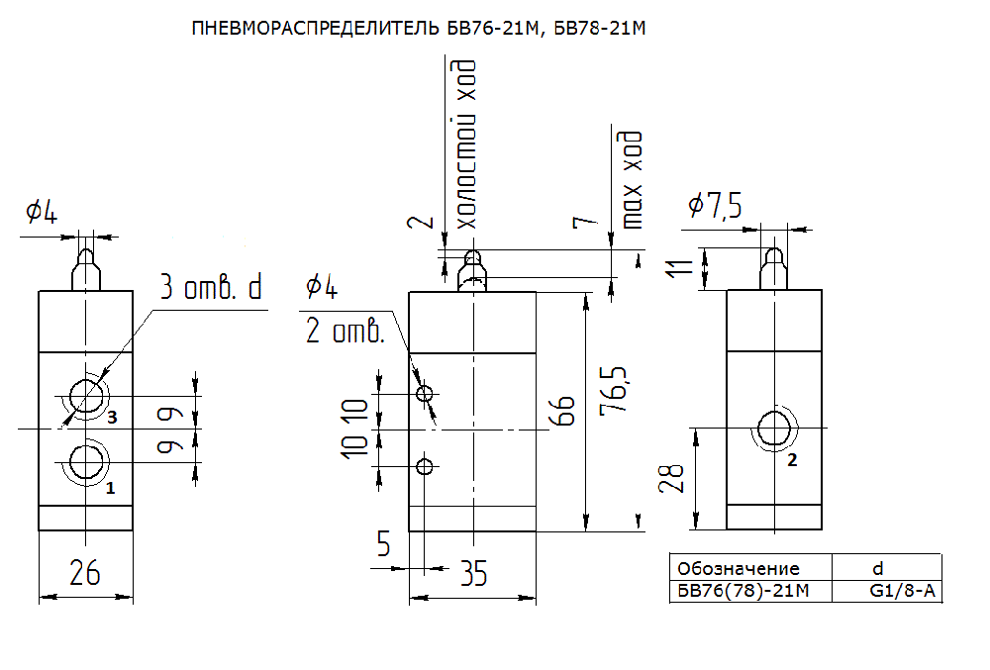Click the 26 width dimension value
pos(84,572)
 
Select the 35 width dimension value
pos(473,573)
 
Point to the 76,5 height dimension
pos(614,389)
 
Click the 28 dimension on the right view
pos(671,478)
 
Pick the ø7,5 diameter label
pos(715,206)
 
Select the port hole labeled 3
pos(86,397)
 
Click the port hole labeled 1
pos(86,462)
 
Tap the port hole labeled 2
pos(774,429)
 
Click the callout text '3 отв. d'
pos(211,287)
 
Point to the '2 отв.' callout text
pos(346,330)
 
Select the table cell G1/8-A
pos(902,591)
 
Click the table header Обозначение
pos(739,568)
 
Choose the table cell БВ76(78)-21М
pos(742,591)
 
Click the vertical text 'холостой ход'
pos(466,144)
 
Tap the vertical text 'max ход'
pos(632,180)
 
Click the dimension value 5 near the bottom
pos(383,543)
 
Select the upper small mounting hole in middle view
pos(425,394)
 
